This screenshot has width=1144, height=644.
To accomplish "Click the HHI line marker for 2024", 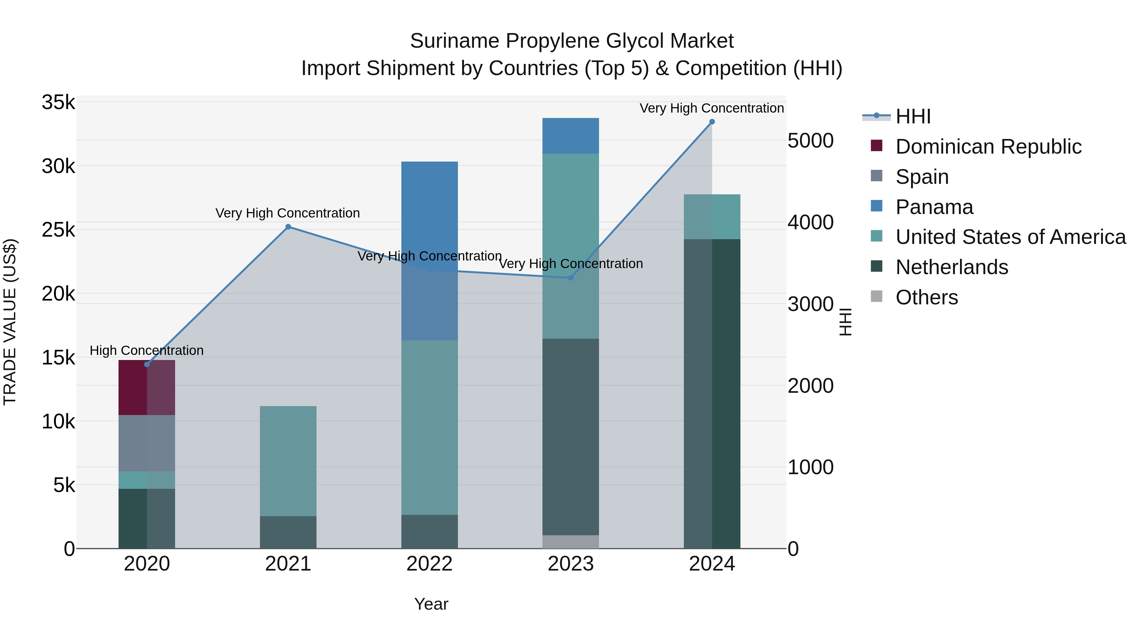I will [712, 122].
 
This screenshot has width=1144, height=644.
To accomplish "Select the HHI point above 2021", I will [288, 227].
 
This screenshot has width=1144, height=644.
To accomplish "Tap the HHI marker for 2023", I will [571, 278].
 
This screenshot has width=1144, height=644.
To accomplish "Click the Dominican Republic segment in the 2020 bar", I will [146, 388].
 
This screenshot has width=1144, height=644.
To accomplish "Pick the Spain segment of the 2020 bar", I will [146, 443].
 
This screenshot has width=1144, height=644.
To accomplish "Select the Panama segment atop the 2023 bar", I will [571, 136].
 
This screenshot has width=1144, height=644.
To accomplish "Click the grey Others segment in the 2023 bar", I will [571, 542].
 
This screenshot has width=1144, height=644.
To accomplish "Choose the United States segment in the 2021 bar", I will [288, 461].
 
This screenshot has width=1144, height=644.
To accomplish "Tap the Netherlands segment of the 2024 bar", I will [712, 393].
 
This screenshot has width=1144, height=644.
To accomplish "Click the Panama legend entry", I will [934, 207].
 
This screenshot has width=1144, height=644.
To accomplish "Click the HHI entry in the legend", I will [913, 116].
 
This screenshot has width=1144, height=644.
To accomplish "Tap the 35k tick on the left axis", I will [58, 103].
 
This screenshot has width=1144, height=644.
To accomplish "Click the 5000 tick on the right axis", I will [810, 141].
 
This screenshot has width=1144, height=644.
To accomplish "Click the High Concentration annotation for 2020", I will [146, 351].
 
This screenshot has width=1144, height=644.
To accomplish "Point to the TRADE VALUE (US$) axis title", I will [10, 322].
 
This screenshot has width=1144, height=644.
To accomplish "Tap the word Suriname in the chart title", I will [455, 41].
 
